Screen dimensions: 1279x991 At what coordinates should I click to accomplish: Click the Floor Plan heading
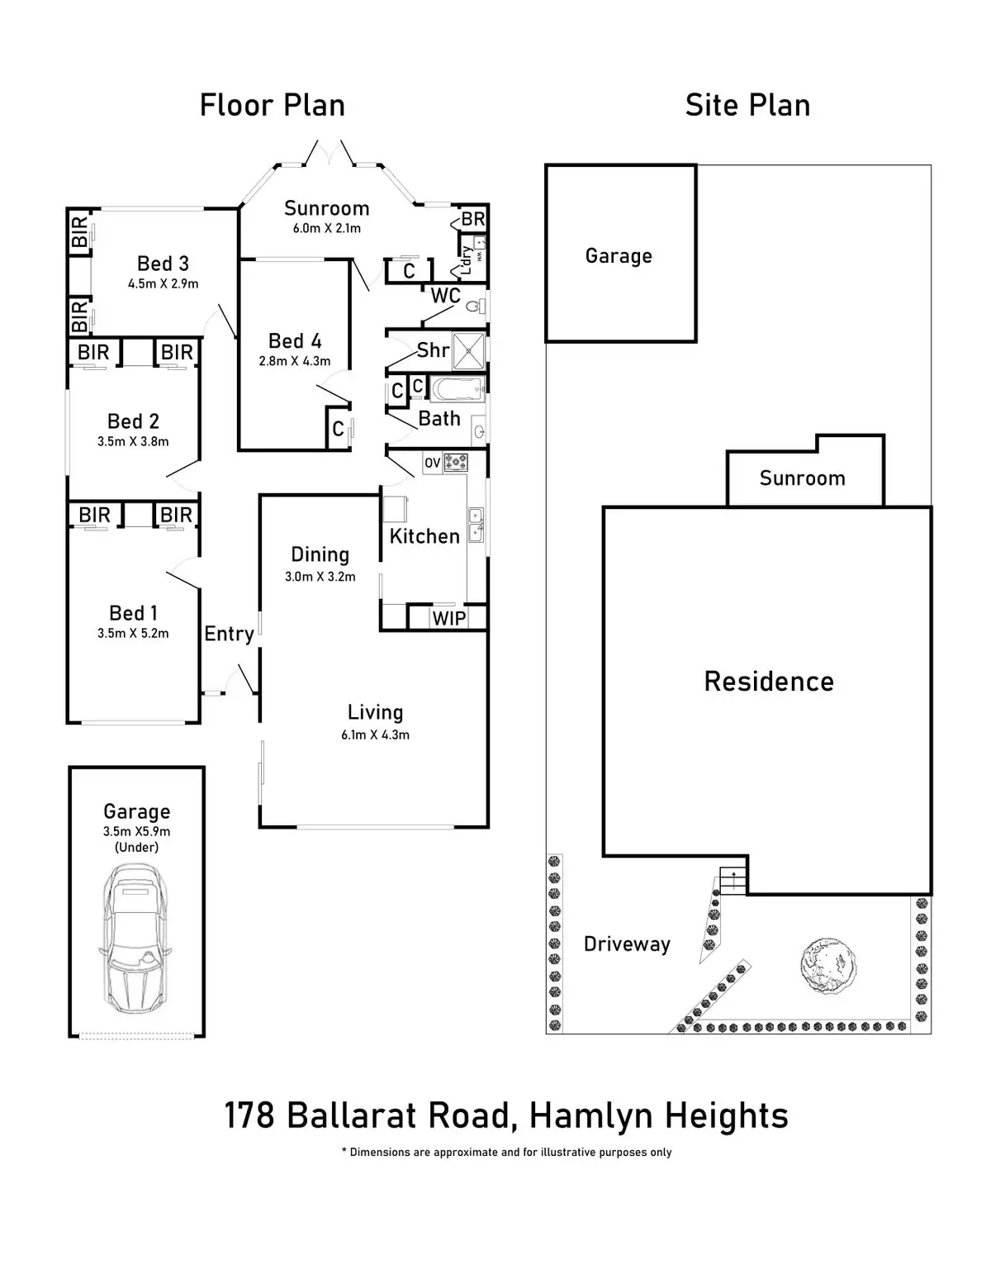click(x=272, y=106)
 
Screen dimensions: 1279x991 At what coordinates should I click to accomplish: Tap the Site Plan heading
click(x=747, y=106)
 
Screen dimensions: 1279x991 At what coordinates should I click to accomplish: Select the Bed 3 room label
click(x=163, y=264)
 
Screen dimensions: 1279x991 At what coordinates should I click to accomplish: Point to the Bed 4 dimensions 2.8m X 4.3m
click(x=295, y=361)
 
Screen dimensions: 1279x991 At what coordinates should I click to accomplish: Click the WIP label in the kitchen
click(x=449, y=618)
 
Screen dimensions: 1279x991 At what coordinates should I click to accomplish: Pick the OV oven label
click(x=433, y=464)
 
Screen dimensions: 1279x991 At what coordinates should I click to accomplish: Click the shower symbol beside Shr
click(x=469, y=350)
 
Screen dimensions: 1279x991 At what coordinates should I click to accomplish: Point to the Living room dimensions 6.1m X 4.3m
click(x=375, y=735)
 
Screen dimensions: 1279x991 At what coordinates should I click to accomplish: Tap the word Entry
click(x=229, y=634)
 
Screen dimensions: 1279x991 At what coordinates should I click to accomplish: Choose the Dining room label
click(x=320, y=554)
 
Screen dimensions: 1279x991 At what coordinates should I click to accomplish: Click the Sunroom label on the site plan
click(x=802, y=478)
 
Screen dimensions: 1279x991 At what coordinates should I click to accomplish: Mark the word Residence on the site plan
click(x=769, y=682)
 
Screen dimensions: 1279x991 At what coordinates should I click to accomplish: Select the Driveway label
click(x=627, y=944)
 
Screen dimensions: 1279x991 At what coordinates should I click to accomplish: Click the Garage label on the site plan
click(x=619, y=256)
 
